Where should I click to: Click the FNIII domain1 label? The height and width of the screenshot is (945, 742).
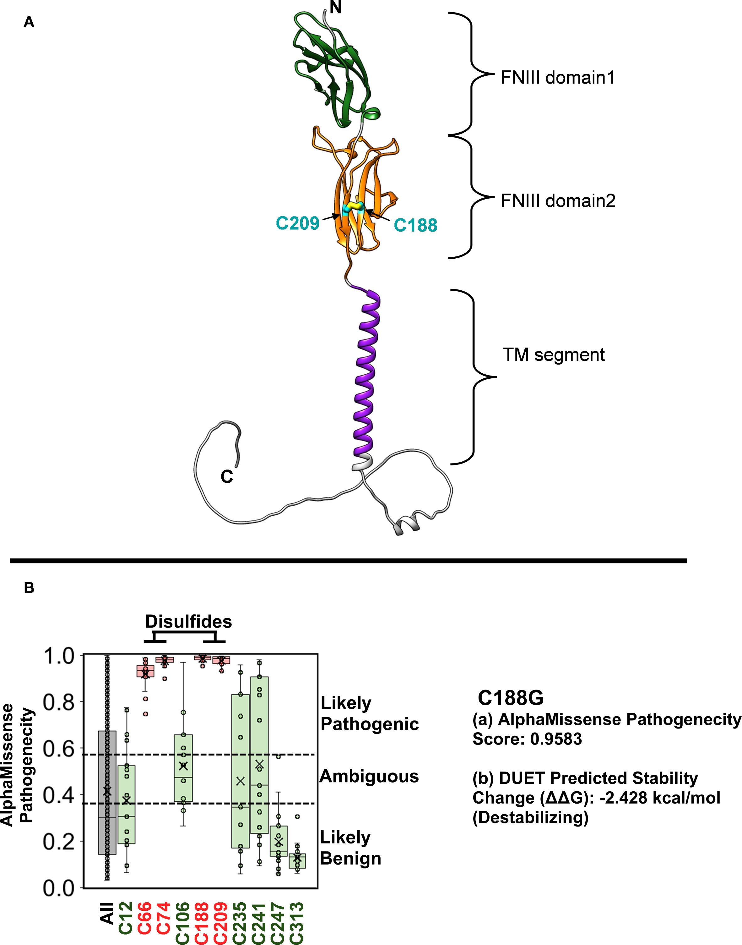pyautogui.click(x=557, y=78)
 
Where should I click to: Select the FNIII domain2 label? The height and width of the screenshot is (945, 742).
pyautogui.click(x=558, y=201)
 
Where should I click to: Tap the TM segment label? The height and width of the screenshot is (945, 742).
pyautogui.click(x=554, y=355)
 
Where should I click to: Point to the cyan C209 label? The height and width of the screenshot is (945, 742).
pyautogui.click(x=298, y=223)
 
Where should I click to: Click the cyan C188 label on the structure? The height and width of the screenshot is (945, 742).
pyautogui.click(x=415, y=225)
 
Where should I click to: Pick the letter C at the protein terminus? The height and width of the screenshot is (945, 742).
pyautogui.click(x=227, y=477)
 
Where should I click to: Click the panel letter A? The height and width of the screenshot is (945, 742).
pyautogui.click(x=29, y=21)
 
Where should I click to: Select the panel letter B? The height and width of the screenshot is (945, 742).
pyautogui.click(x=29, y=588)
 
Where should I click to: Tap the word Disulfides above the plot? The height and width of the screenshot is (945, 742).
pyautogui.click(x=188, y=622)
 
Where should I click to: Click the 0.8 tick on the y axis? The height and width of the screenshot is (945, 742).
pyautogui.click(x=60, y=702)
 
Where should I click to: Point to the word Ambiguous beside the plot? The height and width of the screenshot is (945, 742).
pyautogui.click(x=369, y=776)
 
